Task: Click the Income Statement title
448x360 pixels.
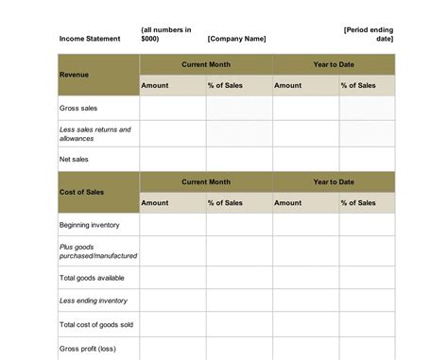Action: point(90,39)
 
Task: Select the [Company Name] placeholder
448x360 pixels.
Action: point(236,39)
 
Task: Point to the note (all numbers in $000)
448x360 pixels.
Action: point(165,34)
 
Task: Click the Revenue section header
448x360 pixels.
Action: point(75,74)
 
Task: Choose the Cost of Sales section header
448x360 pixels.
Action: point(81,192)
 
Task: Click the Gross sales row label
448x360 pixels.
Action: point(78,109)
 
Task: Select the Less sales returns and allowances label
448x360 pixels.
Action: point(95,133)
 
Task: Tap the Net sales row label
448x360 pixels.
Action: point(75,160)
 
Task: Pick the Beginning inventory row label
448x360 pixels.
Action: point(91,225)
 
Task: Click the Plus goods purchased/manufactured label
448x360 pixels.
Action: point(97,250)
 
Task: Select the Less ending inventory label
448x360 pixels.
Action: point(93,300)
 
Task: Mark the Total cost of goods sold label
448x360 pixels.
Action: point(96,324)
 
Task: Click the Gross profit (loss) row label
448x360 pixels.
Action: point(89,348)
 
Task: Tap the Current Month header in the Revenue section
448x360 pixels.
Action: point(206,63)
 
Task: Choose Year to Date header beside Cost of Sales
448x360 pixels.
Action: point(334,181)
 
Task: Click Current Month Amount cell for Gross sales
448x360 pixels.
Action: point(173,109)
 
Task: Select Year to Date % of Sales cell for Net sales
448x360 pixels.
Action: point(368,160)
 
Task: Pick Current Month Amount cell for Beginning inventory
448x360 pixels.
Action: point(173,225)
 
